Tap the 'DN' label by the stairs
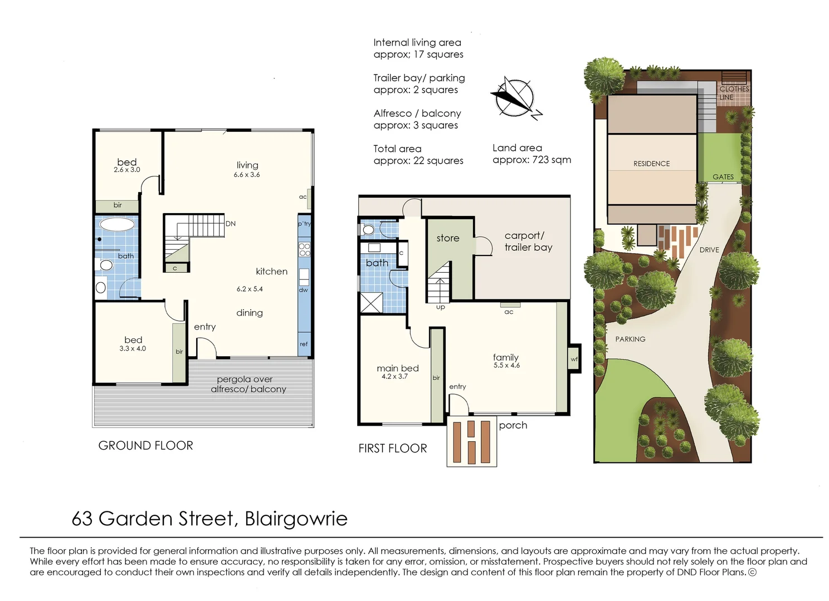(231, 224)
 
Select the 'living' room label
(247, 165)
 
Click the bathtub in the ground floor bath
(117, 225)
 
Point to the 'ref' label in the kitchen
(304, 344)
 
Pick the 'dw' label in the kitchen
(304, 290)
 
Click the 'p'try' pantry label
(304, 224)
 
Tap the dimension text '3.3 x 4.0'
(133, 349)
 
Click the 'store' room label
(448, 238)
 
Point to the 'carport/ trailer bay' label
(528, 242)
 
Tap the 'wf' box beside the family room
(574, 359)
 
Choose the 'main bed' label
(397, 368)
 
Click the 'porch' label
(513, 425)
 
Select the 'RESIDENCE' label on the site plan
(651, 164)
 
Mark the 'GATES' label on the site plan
(723, 177)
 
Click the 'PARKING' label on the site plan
(630, 339)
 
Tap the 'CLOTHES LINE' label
(733, 93)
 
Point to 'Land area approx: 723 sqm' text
(531, 154)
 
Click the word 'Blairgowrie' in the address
(296, 519)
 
